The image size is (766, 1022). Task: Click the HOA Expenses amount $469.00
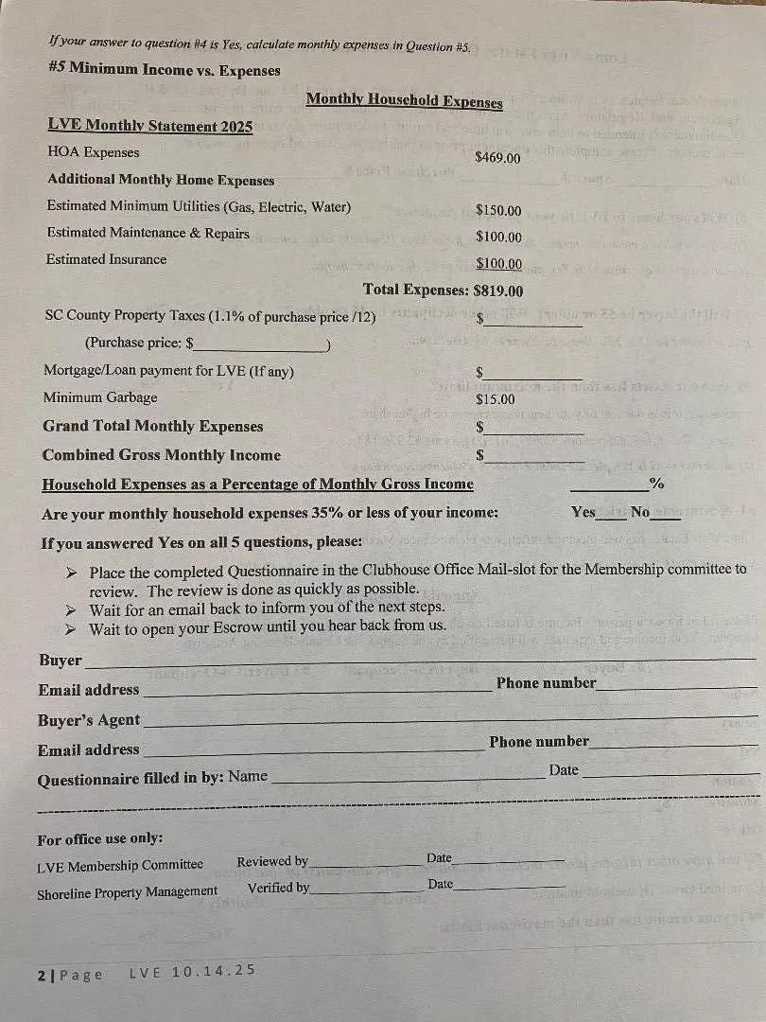point(497,158)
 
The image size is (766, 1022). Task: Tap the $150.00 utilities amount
point(498,210)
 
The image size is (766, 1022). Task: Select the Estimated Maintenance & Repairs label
point(148,234)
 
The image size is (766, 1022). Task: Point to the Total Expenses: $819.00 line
point(443,291)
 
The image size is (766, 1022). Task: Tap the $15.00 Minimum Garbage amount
point(496,399)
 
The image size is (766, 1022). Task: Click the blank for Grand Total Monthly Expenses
point(535,429)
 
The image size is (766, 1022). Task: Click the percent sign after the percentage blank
point(656,485)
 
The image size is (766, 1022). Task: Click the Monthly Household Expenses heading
point(404,100)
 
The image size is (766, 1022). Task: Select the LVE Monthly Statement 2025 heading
point(149,126)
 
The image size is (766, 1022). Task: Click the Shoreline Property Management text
point(127,891)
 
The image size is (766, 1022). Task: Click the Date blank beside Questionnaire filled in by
point(670,774)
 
